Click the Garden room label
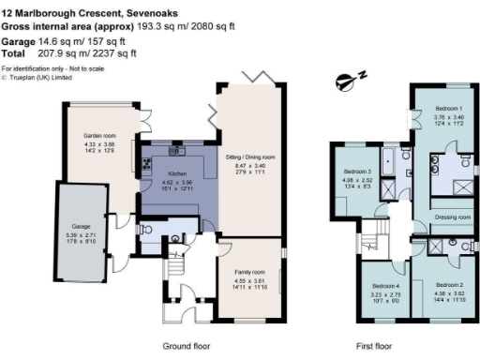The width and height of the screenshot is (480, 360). pos(97,136)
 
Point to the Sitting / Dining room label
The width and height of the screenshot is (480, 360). pos(248,156)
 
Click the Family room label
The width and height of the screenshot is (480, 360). pos(249,271)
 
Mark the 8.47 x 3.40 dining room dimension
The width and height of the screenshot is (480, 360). pos(248,164)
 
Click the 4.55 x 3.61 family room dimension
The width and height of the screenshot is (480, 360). pos(249,279)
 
